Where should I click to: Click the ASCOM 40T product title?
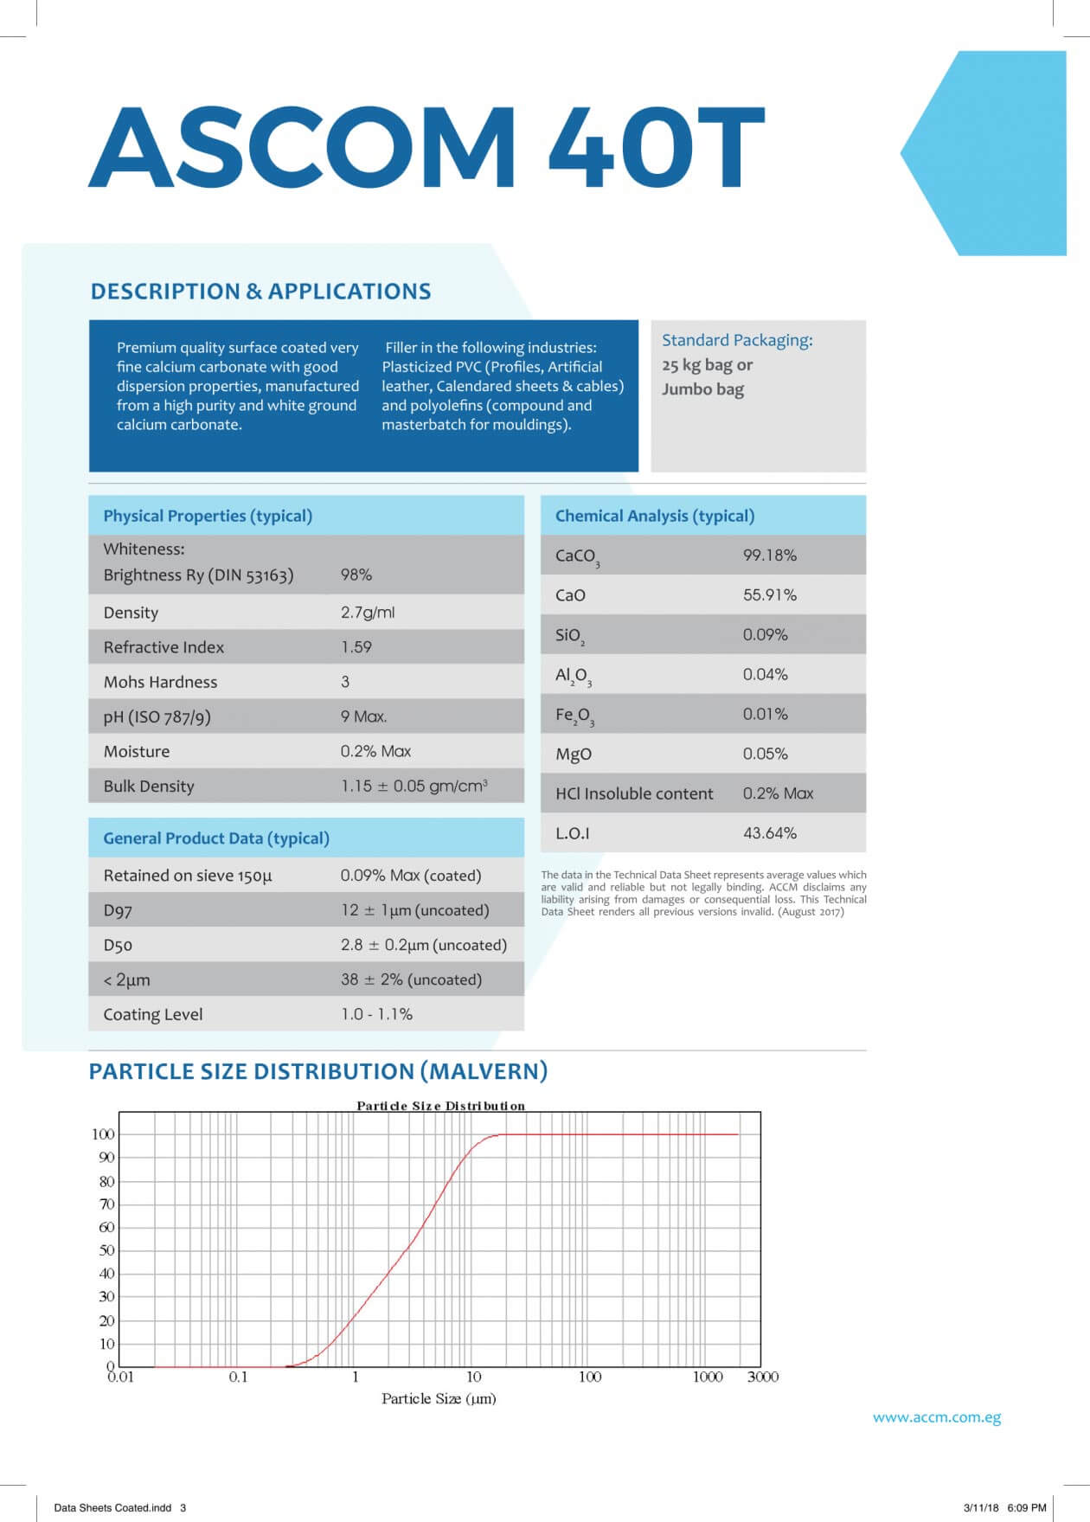(426, 147)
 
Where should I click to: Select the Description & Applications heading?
(260, 292)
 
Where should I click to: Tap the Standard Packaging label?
(737, 340)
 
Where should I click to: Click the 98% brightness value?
(356, 575)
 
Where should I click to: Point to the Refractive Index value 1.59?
(356, 647)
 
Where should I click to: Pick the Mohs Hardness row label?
(160, 682)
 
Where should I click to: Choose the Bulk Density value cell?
(414, 786)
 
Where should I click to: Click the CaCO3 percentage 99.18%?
(769, 555)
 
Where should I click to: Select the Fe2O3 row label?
(574, 716)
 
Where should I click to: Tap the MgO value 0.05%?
(765, 754)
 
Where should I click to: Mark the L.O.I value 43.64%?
(769, 833)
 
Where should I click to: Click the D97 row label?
(118, 910)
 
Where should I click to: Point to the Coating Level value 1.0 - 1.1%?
(376, 1014)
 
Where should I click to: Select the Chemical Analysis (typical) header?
(654, 516)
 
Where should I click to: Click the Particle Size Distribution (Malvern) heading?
(318, 1071)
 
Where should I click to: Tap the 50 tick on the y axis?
(106, 1250)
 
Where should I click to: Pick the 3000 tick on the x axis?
(762, 1377)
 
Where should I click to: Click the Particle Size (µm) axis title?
(439, 1398)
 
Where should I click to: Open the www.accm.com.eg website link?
(936, 1417)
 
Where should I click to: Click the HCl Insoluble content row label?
(634, 793)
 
